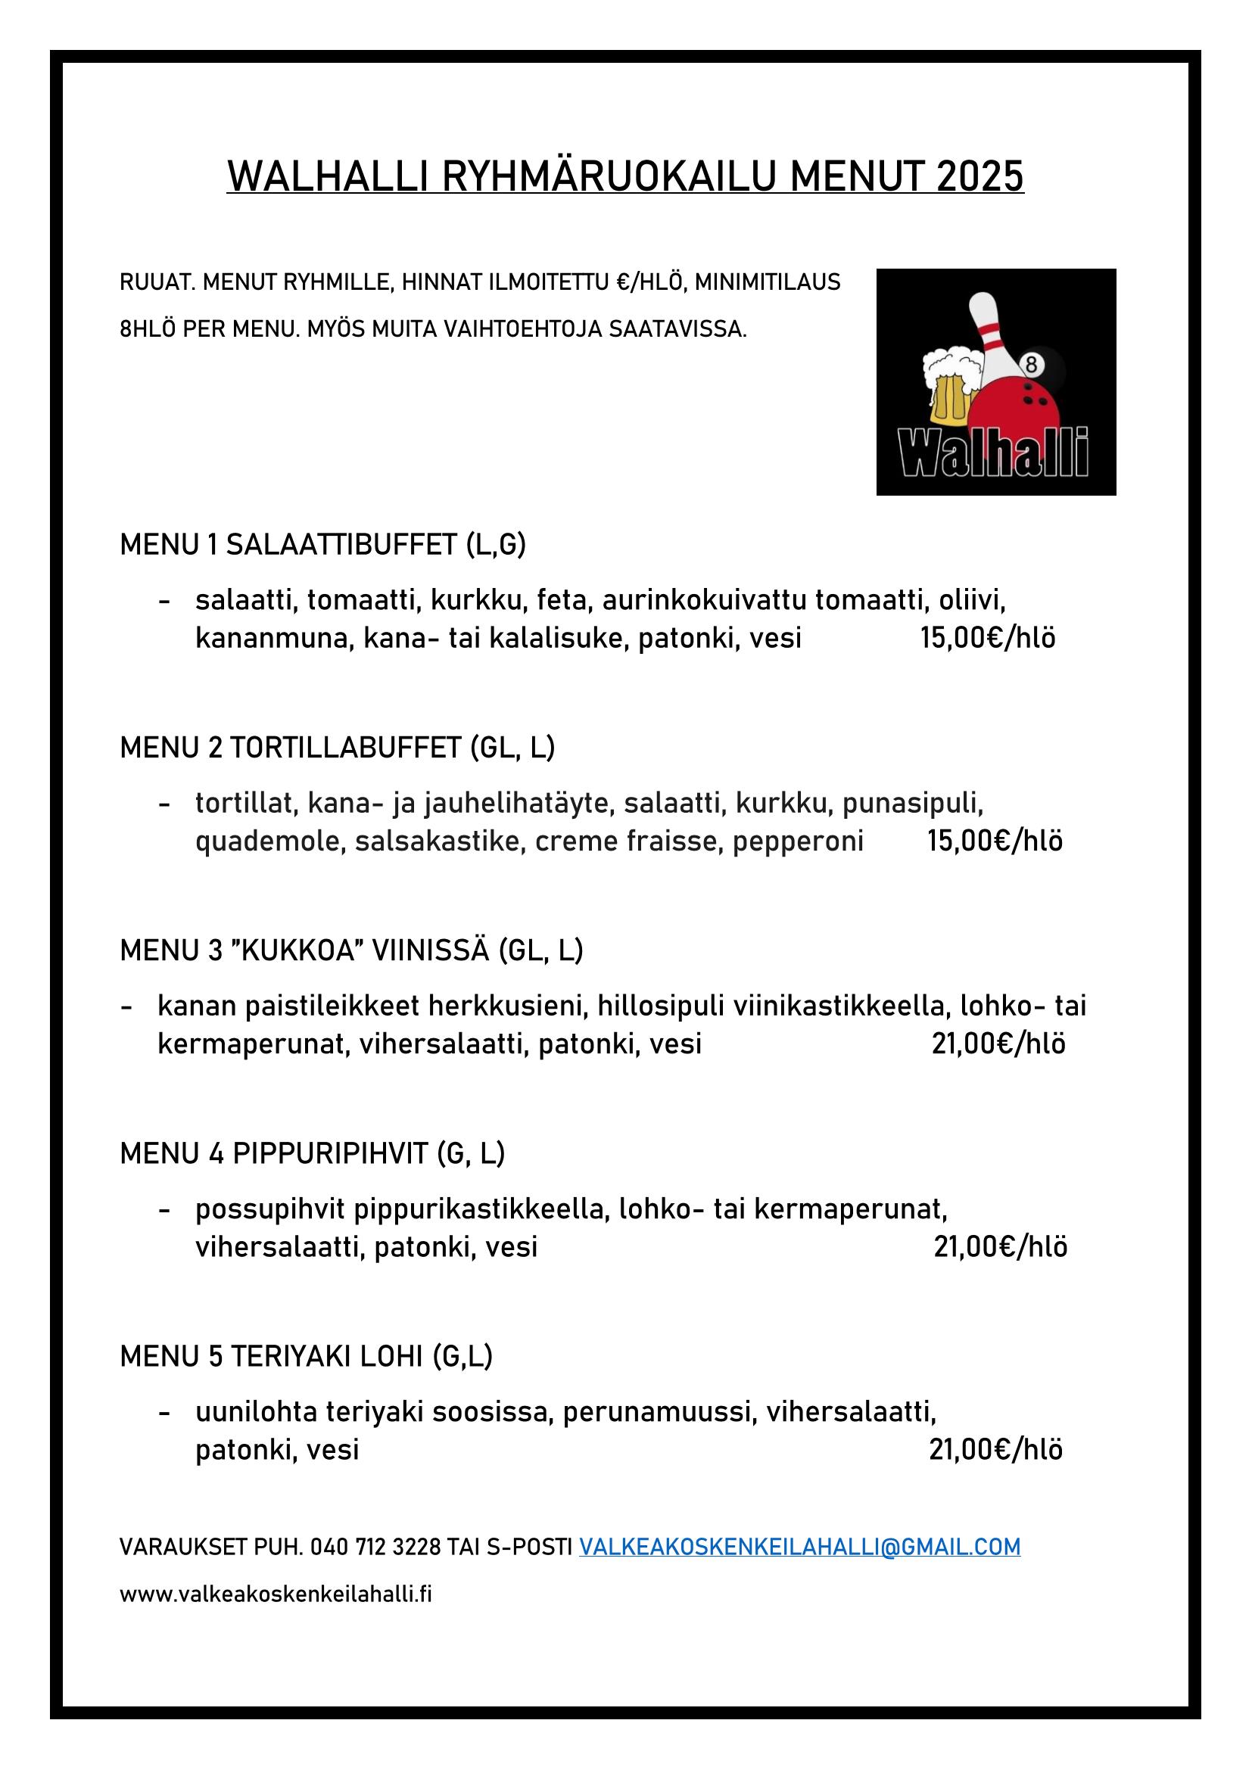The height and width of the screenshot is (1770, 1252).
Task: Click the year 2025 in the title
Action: click(979, 176)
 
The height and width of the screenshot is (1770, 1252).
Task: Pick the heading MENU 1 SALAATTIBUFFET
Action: click(323, 545)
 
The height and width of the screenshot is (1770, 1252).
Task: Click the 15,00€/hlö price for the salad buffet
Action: click(988, 639)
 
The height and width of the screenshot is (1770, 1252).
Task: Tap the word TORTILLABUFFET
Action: click(345, 748)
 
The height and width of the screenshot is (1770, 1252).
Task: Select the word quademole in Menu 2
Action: click(266, 841)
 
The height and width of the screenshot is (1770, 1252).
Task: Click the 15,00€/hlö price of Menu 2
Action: click(995, 841)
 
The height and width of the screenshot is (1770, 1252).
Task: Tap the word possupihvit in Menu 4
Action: click(269, 1209)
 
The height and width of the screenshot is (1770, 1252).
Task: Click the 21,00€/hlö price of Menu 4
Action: click(1001, 1247)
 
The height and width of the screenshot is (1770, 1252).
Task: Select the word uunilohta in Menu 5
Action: click(256, 1412)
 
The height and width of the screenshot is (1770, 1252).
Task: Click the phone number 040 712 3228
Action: click(375, 1548)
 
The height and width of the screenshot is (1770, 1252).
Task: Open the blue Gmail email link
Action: click(799, 1548)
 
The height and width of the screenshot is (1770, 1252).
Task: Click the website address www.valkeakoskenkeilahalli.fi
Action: click(276, 1594)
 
